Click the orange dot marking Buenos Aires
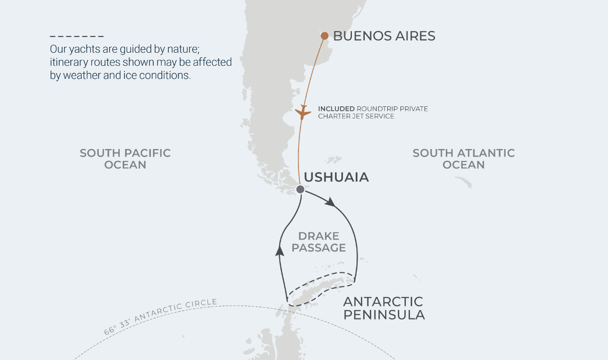pyautogui.click(x=325, y=36)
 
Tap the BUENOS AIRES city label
pyautogui.click(x=384, y=36)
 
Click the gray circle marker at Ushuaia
pyautogui.click(x=300, y=190)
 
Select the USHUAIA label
pyautogui.click(x=336, y=177)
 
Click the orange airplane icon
pyautogui.click(x=303, y=112)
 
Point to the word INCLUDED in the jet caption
pyautogui.click(x=336, y=109)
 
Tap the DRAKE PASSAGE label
pyautogui.click(x=319, y=242)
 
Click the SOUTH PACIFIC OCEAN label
pyautogui.click(x=125, y=159)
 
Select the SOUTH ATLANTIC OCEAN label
pyautogui.click(x=463, y=159)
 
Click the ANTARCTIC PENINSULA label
pyautogui.click(x=383, y=308)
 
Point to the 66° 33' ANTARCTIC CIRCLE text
pyautogui.click(x=160, y=317)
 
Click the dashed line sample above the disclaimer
pyautogui.click(x=77, y=36)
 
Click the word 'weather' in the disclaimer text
pyautogui.click(x=82, y=75)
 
